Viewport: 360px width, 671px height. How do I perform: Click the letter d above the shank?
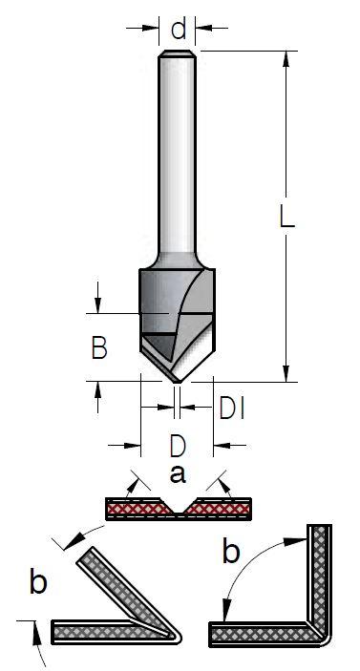(178, 29)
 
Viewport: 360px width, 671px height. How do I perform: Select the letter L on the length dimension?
(286, 216)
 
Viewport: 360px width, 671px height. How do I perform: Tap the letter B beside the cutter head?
(99, 347)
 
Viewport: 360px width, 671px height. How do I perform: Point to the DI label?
(232, 408)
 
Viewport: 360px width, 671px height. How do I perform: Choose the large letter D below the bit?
(178, 446)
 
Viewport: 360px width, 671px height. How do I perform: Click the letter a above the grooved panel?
(178, 474)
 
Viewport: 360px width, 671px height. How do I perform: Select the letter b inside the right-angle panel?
(231, 550)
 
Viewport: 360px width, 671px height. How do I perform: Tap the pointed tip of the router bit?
(178, 381)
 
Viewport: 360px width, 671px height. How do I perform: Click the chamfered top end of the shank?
(178, 53)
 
